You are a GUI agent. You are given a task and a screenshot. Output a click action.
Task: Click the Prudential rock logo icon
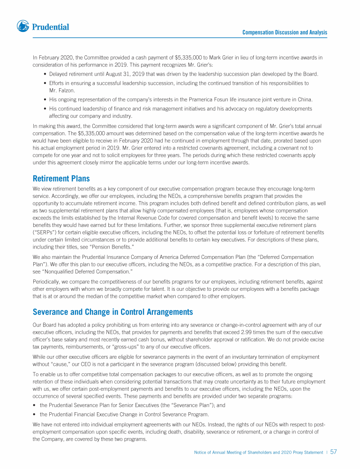(23, 27)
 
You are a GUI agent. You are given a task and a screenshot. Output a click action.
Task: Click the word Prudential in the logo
(51, 27)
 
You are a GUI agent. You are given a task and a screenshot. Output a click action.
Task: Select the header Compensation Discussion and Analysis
(285, 32)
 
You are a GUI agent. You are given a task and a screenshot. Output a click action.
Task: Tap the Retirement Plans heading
(61, 179)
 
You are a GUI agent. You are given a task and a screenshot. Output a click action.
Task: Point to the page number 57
(334, 452)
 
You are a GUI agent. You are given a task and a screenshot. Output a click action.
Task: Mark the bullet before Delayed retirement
(44, 74)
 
